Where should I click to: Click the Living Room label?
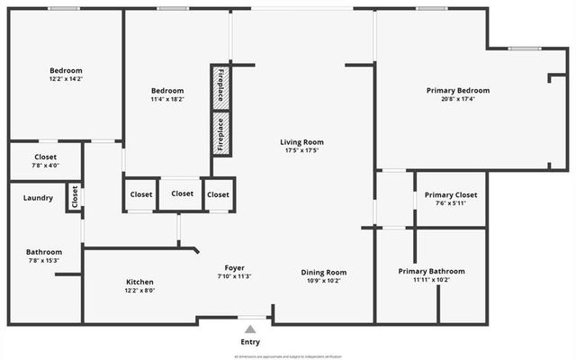301,142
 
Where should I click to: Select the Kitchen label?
139,282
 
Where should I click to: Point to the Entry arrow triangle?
250,328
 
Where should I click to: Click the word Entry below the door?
250,342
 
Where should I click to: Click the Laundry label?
38,198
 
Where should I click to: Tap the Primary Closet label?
451,194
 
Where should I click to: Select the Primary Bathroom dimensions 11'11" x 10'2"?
432,280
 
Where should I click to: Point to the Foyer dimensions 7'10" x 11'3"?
234,277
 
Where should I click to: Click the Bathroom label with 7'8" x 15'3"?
44,252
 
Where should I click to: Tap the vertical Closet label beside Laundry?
75,196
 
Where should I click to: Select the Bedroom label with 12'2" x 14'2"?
66,71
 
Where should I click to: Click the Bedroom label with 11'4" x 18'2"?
167,91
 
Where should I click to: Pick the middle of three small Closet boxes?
182,193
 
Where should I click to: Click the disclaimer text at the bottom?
288,356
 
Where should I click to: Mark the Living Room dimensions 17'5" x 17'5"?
301,151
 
